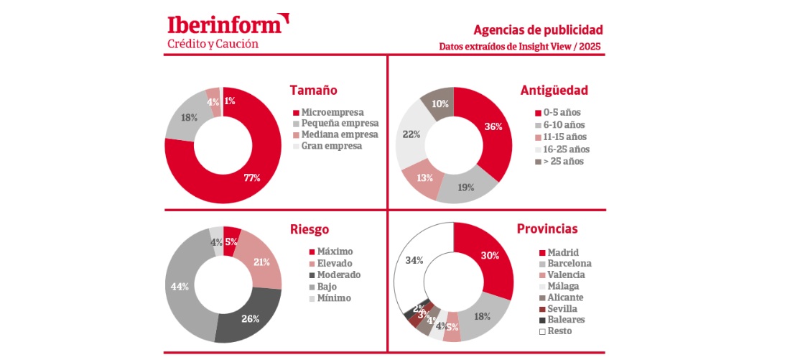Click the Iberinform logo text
(223, 25)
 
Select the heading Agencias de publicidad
(538, 30)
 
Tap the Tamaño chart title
(313, 91)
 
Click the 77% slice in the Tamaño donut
(252, 177)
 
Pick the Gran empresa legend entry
(331, 146)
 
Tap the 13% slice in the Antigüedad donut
(424, 178)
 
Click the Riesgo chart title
(310, 230)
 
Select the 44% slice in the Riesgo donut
(181, 286)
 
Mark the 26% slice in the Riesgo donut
(251, 318)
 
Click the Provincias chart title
(547, 230)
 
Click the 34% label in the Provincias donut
(414, 259)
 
